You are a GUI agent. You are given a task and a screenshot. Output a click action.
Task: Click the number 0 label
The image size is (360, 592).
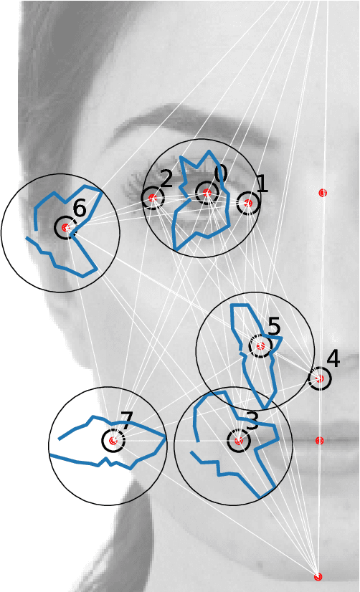pyautogui.click(x=220, y=173)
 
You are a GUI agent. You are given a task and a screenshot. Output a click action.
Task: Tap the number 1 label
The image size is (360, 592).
pyautogui.click(x=262, y=184)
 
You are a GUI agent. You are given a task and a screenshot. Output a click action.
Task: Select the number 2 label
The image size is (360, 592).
pyautogui.click(x=166, y=178)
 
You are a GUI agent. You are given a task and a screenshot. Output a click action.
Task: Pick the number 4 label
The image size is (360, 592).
pyautogui.click(x=333, y=359)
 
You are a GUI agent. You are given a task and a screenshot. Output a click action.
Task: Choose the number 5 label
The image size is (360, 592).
pyautogui.click(x=274, y=327)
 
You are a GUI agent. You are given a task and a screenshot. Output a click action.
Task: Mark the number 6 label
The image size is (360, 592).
pyautogui.click(x=79, y=209)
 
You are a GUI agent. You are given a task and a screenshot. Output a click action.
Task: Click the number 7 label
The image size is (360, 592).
pyautogui.click(x=126, y=421)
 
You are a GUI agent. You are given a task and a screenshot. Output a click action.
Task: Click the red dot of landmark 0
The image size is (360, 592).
pyautogui.click(x=207, y=192)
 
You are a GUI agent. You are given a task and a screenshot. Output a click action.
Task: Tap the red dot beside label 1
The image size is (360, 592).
pyautogui.click(x=248, y=204)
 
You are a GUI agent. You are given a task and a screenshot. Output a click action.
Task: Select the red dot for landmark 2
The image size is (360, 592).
pyautogui.click(x=152, y=198)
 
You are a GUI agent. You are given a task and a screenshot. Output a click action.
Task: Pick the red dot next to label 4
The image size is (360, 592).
pyautogui.click(x=320, y=378)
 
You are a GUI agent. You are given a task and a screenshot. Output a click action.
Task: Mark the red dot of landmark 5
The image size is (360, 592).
pyautogui.click(x=260, y=346)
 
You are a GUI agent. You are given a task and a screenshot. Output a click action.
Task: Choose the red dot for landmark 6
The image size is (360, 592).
pyautogui.click(x=65, y=228)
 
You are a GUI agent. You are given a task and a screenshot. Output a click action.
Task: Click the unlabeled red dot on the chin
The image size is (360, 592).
pyautogui.click(x=318, y=576)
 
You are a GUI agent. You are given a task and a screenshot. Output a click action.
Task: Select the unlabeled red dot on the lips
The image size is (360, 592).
pyautogui.click(x=319, y=441)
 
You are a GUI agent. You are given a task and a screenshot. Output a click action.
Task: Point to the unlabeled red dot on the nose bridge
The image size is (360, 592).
pyautogui.click(x=323, y=193)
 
